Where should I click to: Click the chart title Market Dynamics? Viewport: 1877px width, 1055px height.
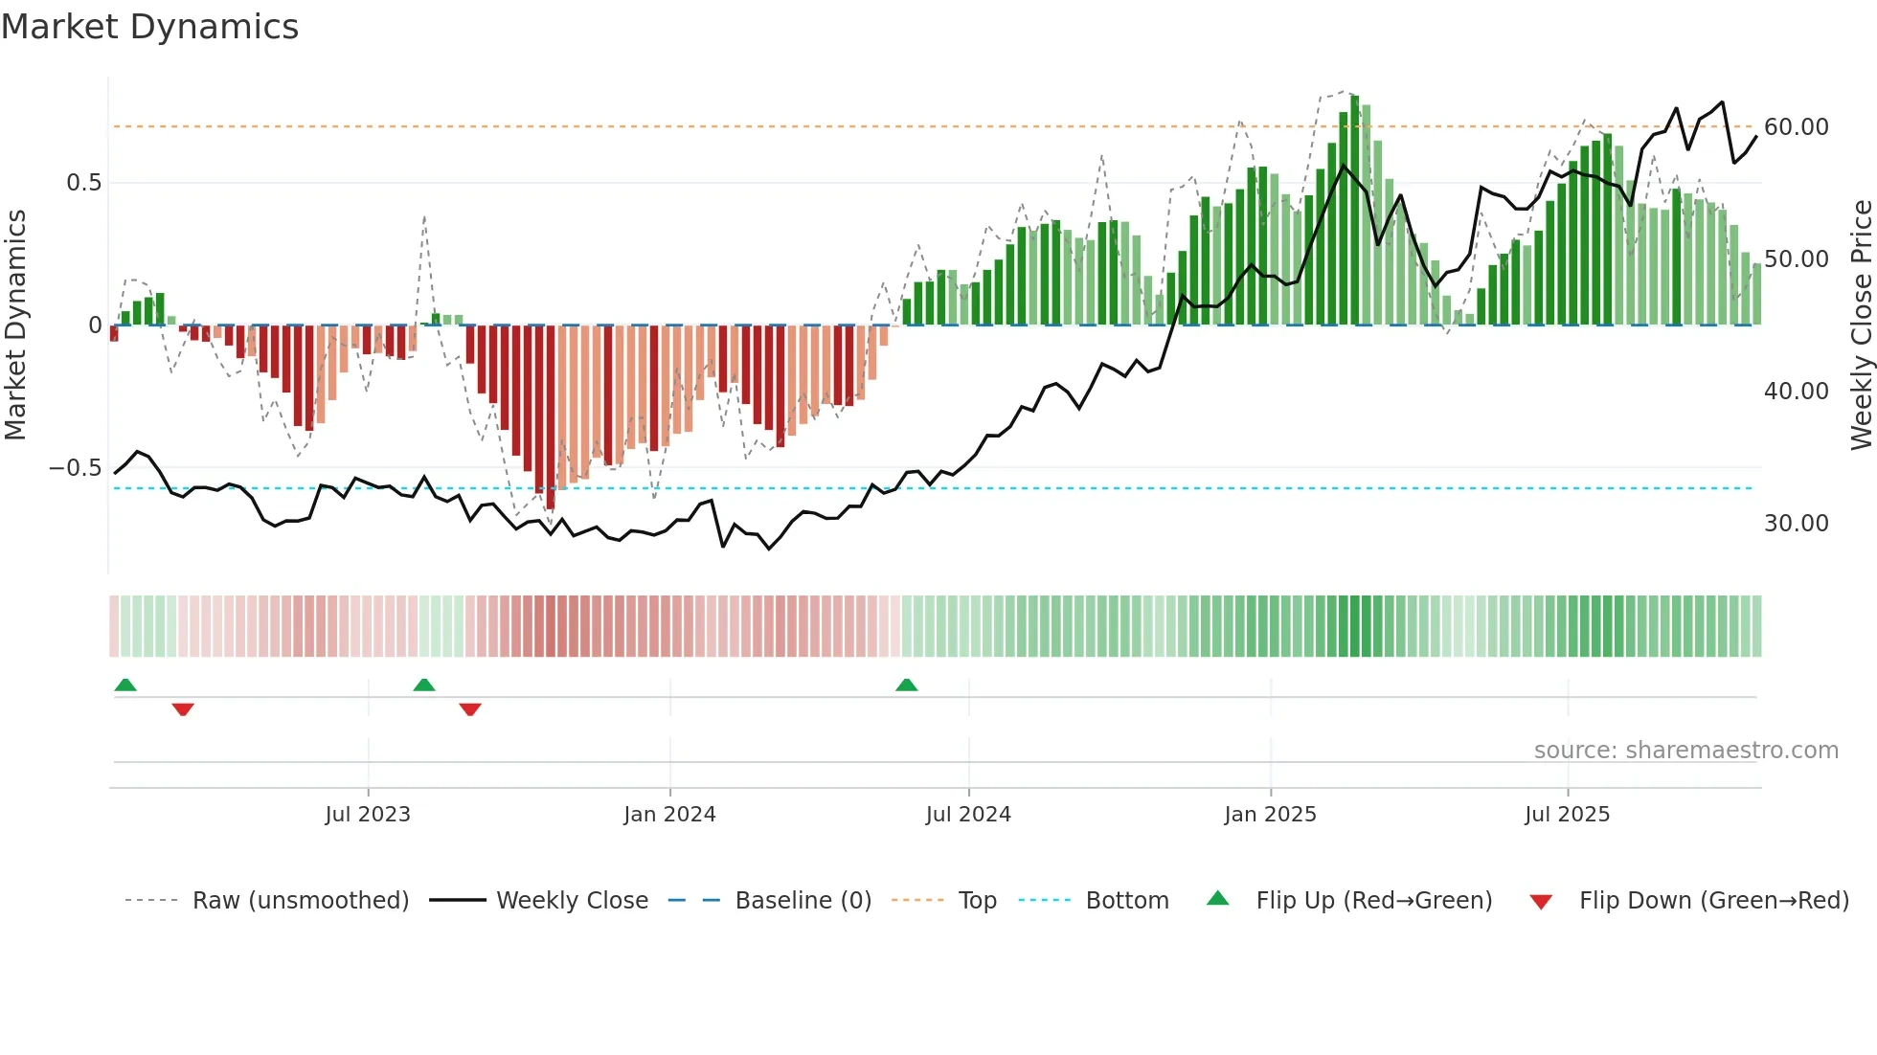[149, 27]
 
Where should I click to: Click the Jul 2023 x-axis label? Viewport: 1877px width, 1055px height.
[367, 815]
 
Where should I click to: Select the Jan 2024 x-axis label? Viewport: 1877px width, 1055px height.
[669, 815]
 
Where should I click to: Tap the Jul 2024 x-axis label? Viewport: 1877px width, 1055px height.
[968, 815]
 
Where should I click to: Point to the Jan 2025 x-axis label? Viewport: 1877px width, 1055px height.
[1270, 815]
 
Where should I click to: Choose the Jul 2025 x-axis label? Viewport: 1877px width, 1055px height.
[1567, 815]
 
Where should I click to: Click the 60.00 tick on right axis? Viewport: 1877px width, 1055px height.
[1796, 127]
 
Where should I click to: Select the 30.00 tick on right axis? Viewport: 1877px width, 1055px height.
[1796, 524]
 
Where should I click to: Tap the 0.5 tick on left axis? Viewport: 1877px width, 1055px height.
[83, 183]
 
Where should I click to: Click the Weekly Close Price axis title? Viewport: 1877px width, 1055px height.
[1861, 325]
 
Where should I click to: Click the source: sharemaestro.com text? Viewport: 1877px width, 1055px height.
[1685, 751]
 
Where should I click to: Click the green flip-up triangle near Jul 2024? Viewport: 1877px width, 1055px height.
[906, 685]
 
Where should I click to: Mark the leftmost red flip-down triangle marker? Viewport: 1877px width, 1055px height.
[183, 709]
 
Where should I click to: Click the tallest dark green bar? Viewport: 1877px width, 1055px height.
[1354, 211]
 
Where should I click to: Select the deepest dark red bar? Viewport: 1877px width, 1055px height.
[550, 416]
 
